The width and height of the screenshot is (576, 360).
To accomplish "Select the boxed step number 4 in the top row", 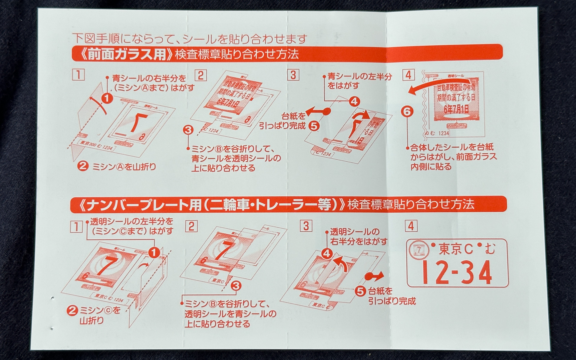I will pyautogui.click(x=408, y=75).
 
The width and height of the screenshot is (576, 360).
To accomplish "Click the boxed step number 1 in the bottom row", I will pyautogui.click(x=76, y=226).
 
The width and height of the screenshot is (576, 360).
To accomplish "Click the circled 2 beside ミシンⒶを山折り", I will pyautogui.click(x=82, y=166).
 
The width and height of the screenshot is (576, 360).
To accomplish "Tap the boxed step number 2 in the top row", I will pyautogui.click(x=200, y=75).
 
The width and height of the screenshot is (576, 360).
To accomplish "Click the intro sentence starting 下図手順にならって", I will pyautogui.click(x=190, y=39).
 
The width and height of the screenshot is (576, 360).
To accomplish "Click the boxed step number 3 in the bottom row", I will pyautogui.click(x=306, y=225).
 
